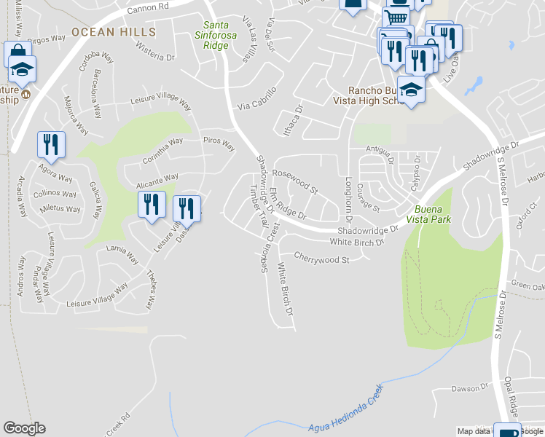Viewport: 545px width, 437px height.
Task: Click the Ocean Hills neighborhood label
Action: [114, 32]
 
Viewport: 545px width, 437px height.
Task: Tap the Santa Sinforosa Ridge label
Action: [216, 35]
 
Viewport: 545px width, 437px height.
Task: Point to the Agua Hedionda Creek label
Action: [345, 419]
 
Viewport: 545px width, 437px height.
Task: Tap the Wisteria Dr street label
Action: [155, 52]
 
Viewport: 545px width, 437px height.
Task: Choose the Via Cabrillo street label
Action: [256, 105]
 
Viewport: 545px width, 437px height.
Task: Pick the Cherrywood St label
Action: [322, 258]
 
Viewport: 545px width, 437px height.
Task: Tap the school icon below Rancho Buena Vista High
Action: [411, 90]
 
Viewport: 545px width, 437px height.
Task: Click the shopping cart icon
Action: [396, 17]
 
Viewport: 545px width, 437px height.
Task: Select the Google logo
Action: [25, 428]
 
